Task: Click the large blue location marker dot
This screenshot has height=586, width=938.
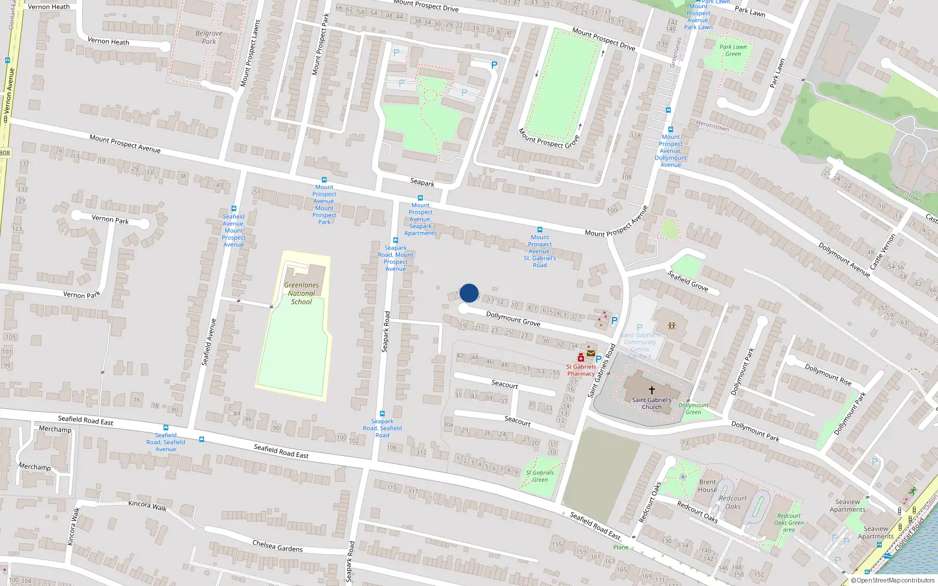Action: (469, 293)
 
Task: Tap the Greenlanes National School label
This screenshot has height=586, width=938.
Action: (301, 294)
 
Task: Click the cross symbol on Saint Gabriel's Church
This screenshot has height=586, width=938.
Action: (651, 390)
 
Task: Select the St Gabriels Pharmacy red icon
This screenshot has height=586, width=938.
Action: (580, 358)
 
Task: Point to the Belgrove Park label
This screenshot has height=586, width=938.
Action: (209, 38)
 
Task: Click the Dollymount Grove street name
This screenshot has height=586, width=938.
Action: (513, 319)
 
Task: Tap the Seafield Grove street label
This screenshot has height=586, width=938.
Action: (688, 281)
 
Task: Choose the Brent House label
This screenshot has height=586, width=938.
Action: (708, 486)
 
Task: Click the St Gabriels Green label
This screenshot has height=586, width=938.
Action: (540, 476)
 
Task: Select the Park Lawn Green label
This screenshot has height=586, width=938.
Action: (733, 50)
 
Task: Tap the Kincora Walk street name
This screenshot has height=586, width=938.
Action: (147, 505)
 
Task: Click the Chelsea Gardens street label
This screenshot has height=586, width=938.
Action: (277, 546)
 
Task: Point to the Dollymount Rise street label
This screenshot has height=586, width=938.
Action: (828, 374)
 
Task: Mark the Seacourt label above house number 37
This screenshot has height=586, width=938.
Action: (505, 384)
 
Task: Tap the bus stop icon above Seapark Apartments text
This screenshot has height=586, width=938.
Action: (420, 198)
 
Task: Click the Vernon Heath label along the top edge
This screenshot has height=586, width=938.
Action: (49, 7)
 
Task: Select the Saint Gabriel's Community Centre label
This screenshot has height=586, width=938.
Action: (640, 342)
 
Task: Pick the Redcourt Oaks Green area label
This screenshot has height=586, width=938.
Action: (789, 523)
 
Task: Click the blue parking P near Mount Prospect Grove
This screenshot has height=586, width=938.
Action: (494, 66)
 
